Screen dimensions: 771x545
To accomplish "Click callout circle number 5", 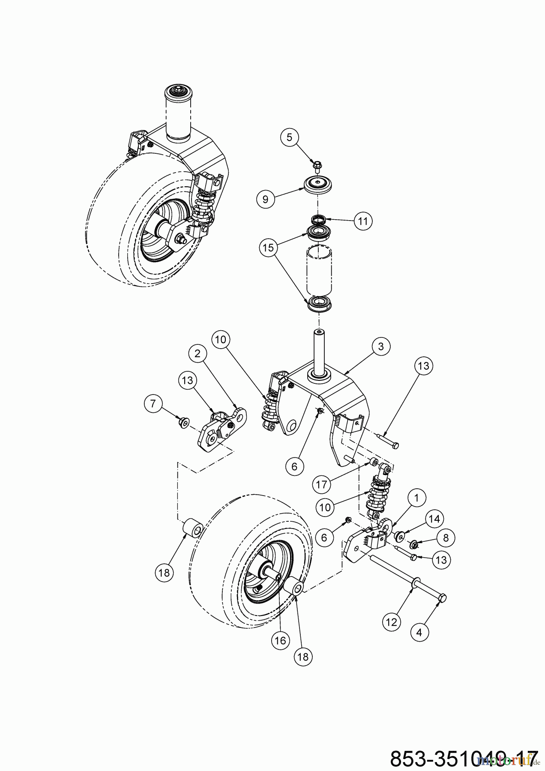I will click(x=289, y=137).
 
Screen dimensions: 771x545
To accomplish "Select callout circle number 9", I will click(x=265, y=199).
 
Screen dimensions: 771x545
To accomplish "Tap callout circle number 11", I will click(x=363, y=221).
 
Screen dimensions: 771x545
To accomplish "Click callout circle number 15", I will click(x=268, y=247).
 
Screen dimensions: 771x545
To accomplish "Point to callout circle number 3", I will click(x=380, y=347).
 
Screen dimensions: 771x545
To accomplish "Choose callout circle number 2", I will click(x=198, y=353).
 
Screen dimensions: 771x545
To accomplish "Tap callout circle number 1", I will click(x=416, y=498).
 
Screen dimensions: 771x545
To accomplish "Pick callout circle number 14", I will click(x=434, y=519).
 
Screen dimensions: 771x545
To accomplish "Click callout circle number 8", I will click(x=446, y=538).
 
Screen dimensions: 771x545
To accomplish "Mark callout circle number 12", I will click(x=392, y=622).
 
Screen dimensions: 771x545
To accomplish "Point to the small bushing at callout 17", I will click(x=373, y=462).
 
